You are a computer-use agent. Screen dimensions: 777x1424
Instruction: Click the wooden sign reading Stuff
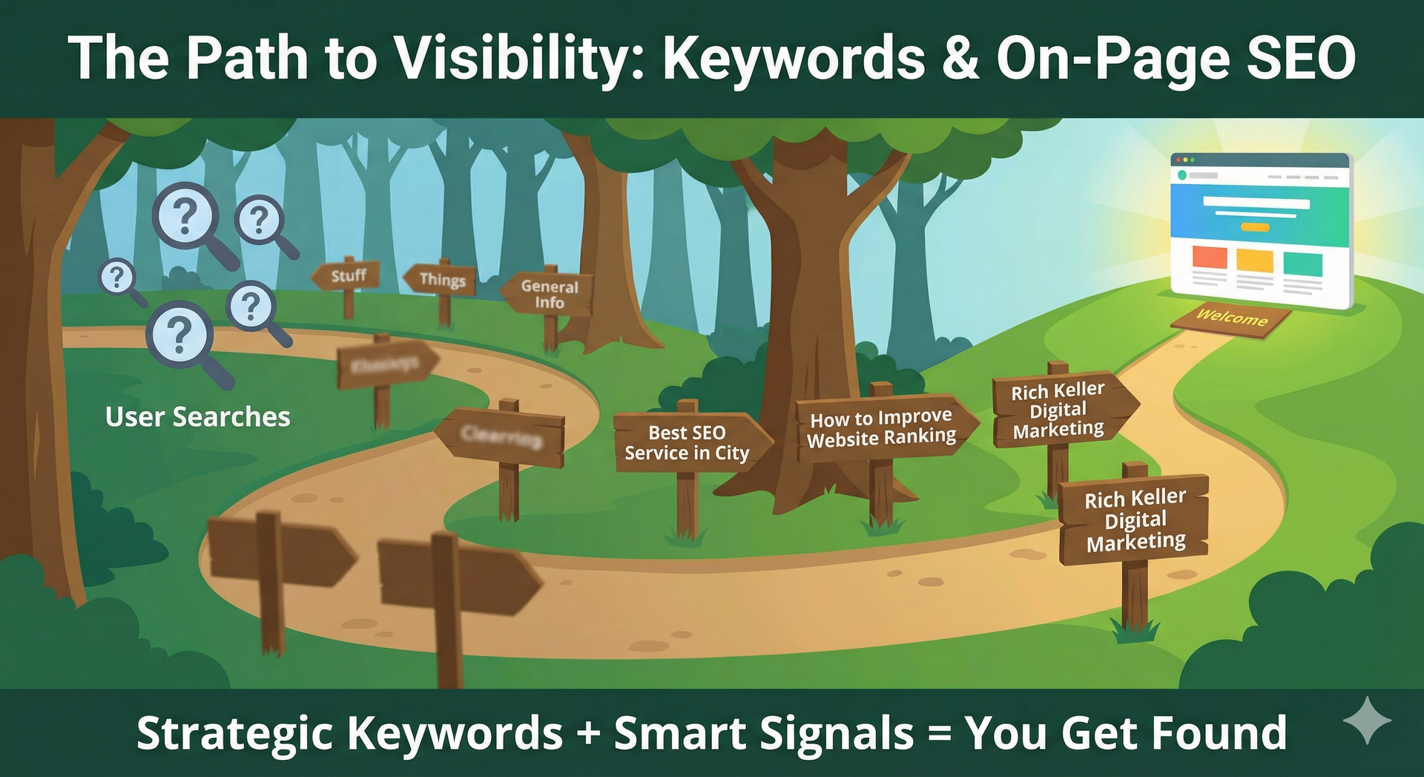[347, 276]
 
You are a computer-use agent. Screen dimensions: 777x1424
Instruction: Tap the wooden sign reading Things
[441, 280]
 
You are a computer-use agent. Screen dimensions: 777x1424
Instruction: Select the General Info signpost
[549, 294]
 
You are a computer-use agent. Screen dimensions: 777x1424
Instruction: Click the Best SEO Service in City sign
[687, 442]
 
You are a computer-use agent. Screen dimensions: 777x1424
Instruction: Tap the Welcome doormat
[1231, 318]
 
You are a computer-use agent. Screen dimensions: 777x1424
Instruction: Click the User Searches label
[197, 417]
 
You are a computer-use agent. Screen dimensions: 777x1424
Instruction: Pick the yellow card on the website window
[1255, 261]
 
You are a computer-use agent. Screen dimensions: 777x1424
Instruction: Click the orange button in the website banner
[1254, 228]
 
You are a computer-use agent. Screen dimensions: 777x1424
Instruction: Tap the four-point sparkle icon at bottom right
[1367, 720]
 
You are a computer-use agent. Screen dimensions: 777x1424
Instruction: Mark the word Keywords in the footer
[455, 733]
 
